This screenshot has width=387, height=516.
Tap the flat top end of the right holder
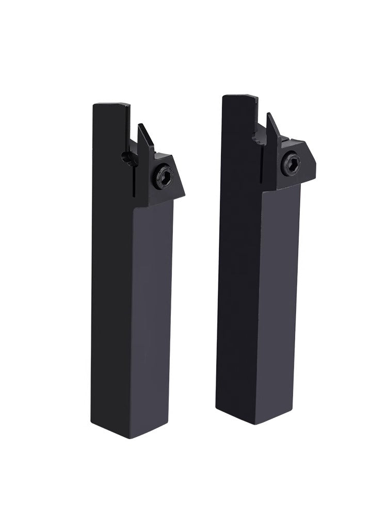(x=238, y=97)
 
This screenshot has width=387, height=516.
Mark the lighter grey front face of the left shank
(x=154, y=310)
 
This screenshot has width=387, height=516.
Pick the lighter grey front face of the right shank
(x=281, y=299)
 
